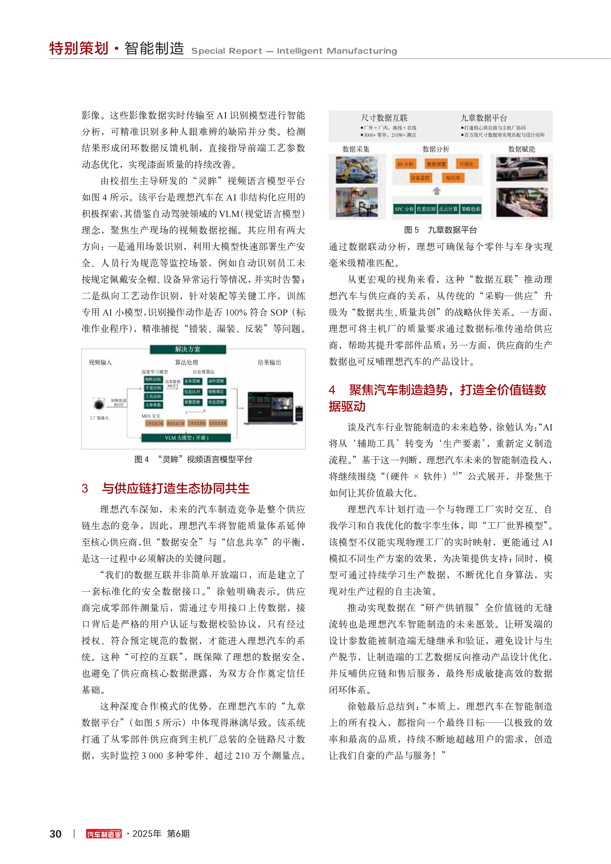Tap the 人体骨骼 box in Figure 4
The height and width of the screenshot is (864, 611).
click(x=153, y=405)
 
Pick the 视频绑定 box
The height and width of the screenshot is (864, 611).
click(x=216, y=392)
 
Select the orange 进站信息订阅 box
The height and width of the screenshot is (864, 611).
click(x=176, y=423)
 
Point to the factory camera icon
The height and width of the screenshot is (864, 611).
click(x=99, y=404)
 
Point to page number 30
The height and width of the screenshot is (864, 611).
click(x=56, y=834)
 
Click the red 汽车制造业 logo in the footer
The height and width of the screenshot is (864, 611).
click(x=104, y=834)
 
